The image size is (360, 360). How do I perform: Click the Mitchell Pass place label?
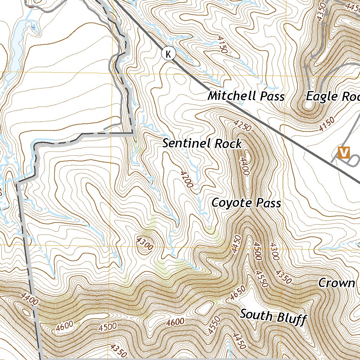246,96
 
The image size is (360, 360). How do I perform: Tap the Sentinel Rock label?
202,143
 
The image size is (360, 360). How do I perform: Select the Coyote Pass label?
246,203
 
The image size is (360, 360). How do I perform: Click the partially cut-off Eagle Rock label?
333,96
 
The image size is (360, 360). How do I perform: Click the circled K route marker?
169,54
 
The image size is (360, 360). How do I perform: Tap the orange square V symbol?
343,152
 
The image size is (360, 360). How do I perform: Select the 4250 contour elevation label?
243,126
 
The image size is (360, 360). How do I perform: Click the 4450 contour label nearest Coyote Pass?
236,244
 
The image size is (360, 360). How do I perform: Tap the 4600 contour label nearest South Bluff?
175,321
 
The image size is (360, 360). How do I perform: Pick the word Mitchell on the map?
230,96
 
